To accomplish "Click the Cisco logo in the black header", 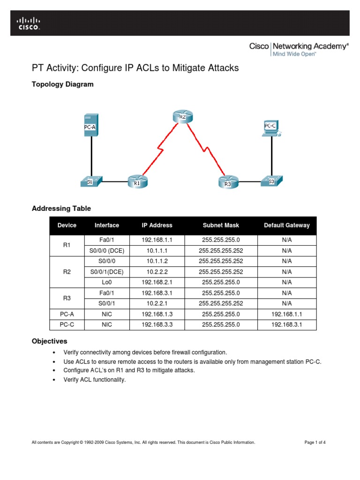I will (x=29, y=23).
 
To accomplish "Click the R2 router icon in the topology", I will (x=182, y=116).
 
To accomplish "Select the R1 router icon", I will (x=137, y=181).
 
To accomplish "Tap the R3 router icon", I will (x=228, y=182).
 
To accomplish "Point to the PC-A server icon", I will (x=91, y=125).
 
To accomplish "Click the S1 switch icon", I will (x=91, y=181).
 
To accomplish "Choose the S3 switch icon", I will (x=271, y=180).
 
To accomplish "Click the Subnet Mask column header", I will (x=221, y=225).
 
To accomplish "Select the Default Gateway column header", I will (x=286, y=225).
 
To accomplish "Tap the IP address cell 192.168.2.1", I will (x=157, y=282).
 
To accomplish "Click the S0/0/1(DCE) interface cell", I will (x=107, y=271).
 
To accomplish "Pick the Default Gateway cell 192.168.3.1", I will (x=286, y=324).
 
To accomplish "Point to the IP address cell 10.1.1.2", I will (x=157, y=261).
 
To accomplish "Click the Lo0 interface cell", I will (x=107, y=282).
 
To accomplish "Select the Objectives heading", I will (x=49, y=341).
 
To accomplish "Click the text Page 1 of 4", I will (x=315, y=442).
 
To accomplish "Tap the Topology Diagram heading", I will (x=62, y=84).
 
